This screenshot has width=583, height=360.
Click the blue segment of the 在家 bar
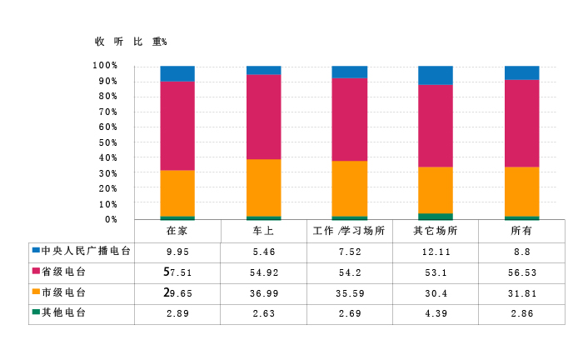177,73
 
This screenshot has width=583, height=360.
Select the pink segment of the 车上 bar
263,117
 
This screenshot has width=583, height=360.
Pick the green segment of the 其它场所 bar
435,217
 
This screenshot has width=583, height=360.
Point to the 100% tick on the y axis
105,66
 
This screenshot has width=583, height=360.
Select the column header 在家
177,231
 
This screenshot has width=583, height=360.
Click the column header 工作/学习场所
349,231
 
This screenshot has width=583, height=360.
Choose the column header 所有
521,231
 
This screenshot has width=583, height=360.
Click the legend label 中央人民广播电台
86,251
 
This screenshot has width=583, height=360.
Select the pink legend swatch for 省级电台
36,272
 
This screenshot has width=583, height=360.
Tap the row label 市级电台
64,292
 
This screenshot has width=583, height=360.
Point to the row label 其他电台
64,312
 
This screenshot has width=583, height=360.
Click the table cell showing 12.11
435,252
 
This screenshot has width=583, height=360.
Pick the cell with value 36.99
263,292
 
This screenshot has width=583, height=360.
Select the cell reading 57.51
177,272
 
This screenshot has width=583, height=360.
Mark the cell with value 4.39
435,313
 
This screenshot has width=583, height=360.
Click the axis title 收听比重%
131,42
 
